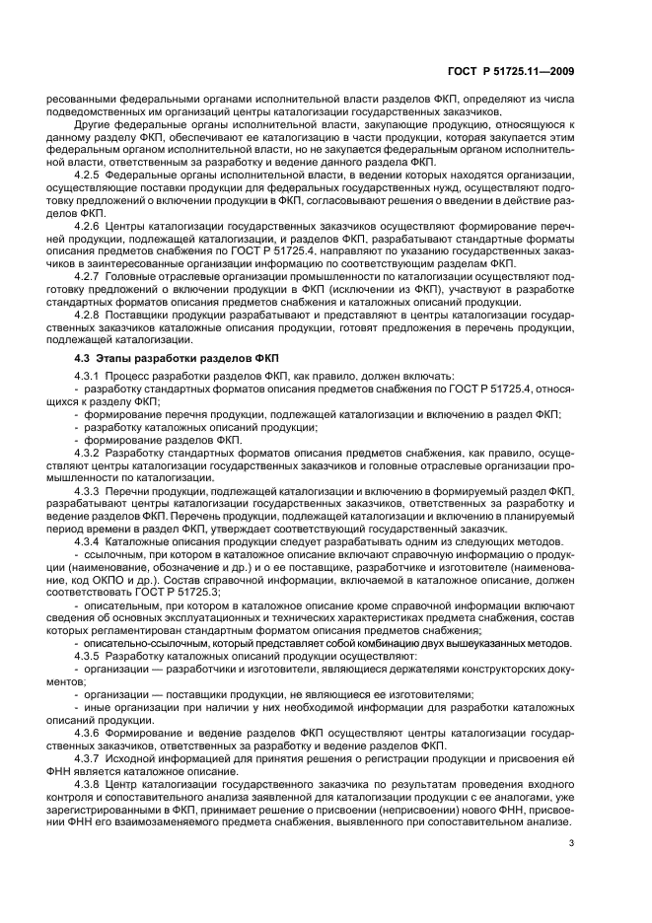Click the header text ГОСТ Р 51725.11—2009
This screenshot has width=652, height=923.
click(x=527, y=69)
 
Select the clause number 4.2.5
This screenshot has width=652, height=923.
click(x=90, y=175)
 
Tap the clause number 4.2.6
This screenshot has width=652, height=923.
click(x=90, y=225)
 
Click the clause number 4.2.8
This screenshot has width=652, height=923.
click(x=90, y=313)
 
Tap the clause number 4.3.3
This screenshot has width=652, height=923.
click(x=90, y=489)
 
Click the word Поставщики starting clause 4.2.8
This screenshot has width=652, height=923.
click(x=141, y=313)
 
